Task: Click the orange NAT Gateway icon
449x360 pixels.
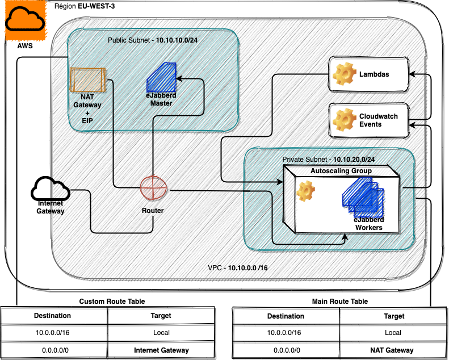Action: (x=87, y=79)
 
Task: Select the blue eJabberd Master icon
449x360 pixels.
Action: (x=162, y=78)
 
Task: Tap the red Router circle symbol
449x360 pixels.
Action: (x=153, y=187)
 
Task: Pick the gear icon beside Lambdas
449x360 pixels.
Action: (x=343, y=74)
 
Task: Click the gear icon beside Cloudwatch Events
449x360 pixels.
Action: (x=343, y=120)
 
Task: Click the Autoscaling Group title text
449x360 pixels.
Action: (x=341, y=170)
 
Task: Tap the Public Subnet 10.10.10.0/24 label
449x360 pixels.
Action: (x=153, y=40)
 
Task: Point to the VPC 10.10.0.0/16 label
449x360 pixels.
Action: (x=238, y=267)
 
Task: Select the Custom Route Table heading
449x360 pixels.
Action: (x=112, y=302)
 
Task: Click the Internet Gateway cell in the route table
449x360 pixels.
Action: (x=161, y=350)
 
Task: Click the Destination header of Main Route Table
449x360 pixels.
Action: (x=286, y=316)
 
